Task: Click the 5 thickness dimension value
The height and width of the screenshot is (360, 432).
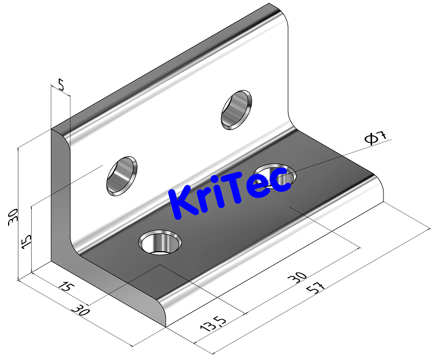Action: pos(61,85)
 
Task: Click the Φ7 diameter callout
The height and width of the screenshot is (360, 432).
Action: pos(376,138)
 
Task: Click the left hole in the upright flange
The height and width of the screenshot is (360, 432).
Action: pos(122,175)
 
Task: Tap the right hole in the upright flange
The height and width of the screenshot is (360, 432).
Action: pos(236,109)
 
